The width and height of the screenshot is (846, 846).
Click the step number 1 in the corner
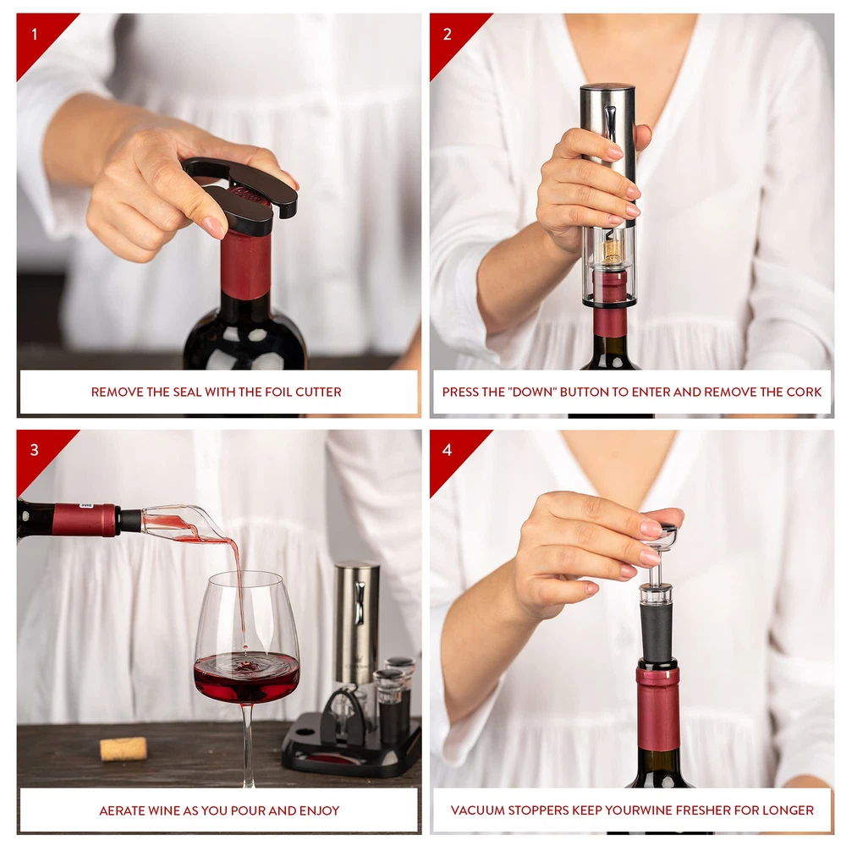pyautogui.click(x=35, y=35)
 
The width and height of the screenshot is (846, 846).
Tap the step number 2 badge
pyautogui.click(x=448, y=35)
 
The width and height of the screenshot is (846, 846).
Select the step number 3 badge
pyautogui.click(x=35, y=450)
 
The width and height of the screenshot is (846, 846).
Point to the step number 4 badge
pyautogui.click(x=448, y=450)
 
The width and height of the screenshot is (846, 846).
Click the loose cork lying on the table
pyautogui.click(x=124, y=749)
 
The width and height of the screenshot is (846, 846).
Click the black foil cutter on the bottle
pyautogui.click(x=243, y=195)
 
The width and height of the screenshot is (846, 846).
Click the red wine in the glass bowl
pyautogui.click(x=246, y=676)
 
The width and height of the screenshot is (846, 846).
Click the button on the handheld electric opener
pyautogui.click(x=611, y=122)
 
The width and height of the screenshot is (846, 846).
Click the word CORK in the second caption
pyautogui.click(x=804, y=393)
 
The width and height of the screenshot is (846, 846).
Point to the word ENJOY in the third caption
pyautogui.click(x=321, y=810)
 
